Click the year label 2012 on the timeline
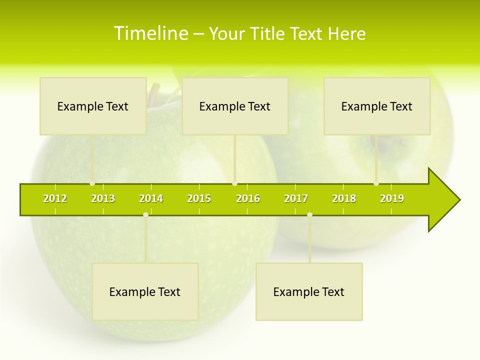coord(55,198)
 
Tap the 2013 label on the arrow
coord(103,198)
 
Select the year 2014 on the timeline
coord(151,198)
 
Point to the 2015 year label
coord(199,198)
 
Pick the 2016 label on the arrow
coord(248,198)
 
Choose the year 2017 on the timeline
coord(296,198)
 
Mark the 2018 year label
coord(344,198)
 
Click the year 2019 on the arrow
coord(392,198)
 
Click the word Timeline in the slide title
coord(150,33)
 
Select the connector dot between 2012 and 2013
coord(92,183)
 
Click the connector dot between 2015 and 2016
coord(234,183)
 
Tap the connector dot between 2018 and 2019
coord(376,183)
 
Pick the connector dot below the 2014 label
coord(145,214)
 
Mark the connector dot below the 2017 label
coord(309,214)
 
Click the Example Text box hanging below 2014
coord(145,291)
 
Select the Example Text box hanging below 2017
coord(309,291)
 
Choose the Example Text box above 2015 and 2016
coord(235,106)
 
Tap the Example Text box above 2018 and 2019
coord(377,106)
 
